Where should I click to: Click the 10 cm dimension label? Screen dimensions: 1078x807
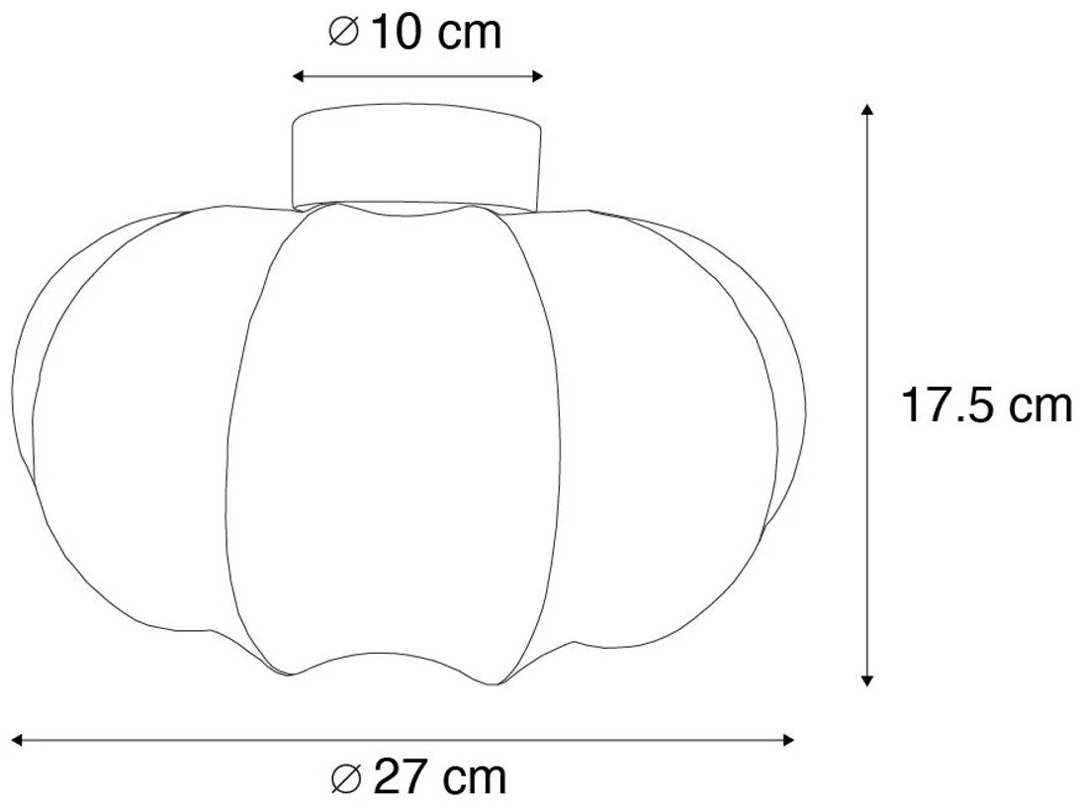pos(415,33)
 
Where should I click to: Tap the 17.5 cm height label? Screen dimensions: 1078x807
pos(987,405)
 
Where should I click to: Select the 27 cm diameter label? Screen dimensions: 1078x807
pos(418,777)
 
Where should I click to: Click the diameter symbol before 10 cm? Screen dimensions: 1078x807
pos(344,33)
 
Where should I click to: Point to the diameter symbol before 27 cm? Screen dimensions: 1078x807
pos(347,777)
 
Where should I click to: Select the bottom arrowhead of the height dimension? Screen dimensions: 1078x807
pos(867,680)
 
